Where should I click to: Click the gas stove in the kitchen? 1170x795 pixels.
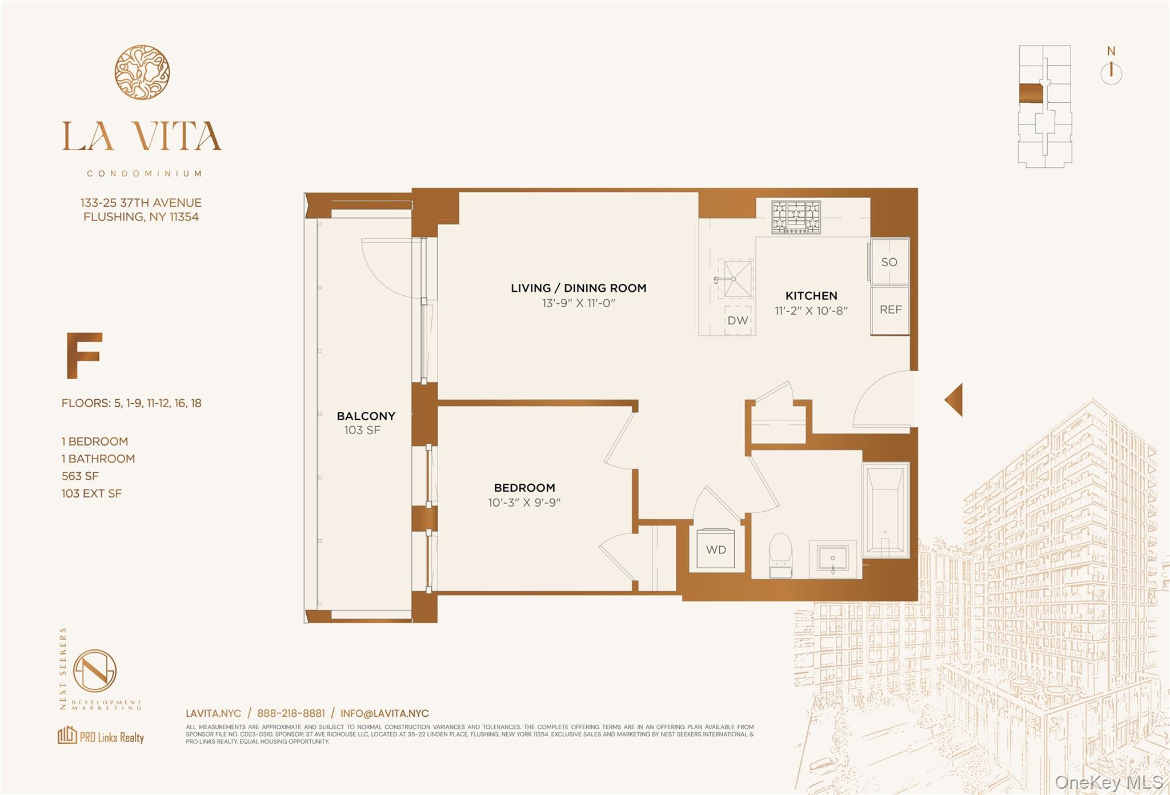pos(796,217)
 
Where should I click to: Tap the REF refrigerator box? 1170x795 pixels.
pos(890,310)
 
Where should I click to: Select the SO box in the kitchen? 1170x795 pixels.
pos(889,262)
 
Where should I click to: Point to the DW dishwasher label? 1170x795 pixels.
pos(738,320)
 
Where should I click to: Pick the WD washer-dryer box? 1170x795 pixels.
pos(716,549)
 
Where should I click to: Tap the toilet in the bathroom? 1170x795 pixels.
pos(780,555)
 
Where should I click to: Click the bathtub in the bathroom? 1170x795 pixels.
pos(885,510)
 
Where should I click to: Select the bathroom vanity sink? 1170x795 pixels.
pos(833,558)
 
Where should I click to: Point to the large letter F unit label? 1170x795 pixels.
pos(84,356)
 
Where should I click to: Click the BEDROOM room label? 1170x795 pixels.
pos(524,488)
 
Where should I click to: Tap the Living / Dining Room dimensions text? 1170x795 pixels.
pos(578,303)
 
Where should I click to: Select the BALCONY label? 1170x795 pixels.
pos(366,416)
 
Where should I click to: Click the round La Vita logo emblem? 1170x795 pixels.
pos(142,73)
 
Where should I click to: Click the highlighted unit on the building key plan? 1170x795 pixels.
pos(1031,94)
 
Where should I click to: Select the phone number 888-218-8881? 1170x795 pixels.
pos(291,713)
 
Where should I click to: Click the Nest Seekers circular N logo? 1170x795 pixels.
pos(95,671)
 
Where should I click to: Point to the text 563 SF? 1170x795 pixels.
pos(80,476)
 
